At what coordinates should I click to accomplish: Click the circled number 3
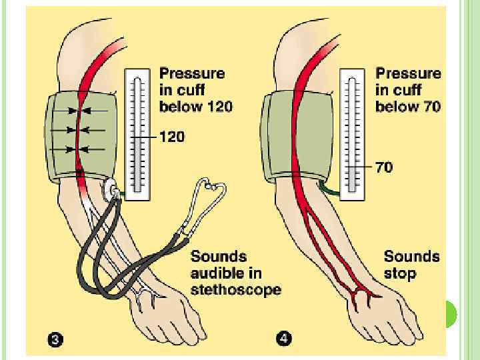coord(56,340)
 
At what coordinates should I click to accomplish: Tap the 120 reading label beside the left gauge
coord(172,137)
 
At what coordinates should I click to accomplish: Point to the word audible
coord(216,273)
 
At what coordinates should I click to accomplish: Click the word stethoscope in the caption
coord(235,290)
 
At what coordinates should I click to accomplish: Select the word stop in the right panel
coord(400,273)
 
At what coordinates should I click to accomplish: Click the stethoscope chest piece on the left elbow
coord(111,192)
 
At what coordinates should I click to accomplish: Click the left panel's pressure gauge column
coord(137,133)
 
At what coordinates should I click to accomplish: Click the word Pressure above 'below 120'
coord(192,73)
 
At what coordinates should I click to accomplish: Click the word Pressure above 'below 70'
coord(408,73)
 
